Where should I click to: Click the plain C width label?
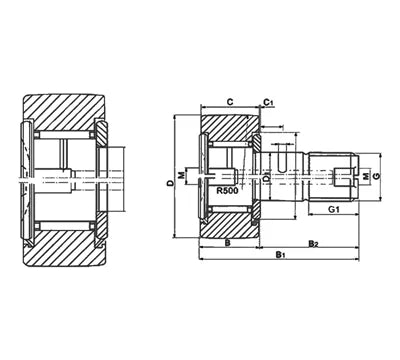pyautogui.click(x=229, y=102)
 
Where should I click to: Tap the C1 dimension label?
pyautogui.click(x=269, y=102)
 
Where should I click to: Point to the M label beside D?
pyautogui.click(x=181, y=176)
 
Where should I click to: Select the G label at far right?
pyautogui.click(x=378, y=176)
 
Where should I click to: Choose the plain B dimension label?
pyautogui.click(x=227, y=242)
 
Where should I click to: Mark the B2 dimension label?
pyautogui.click(x=313, y=242)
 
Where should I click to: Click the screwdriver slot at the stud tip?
pyautogui.click(x=354, y=175)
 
